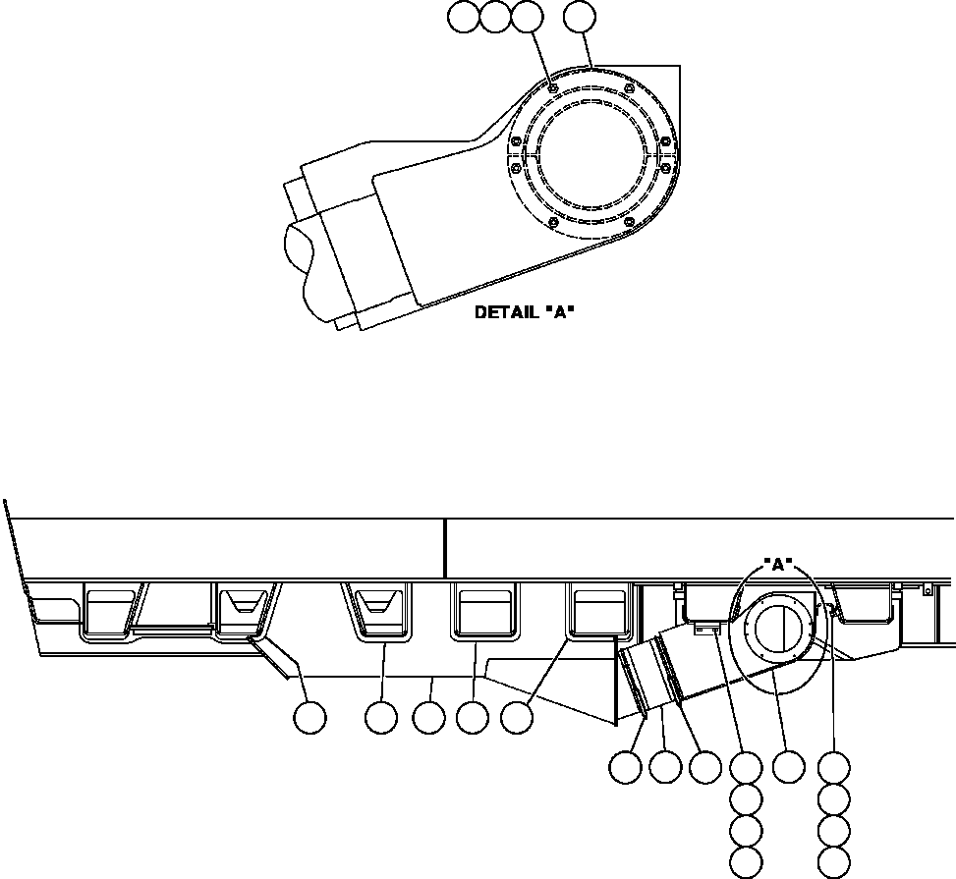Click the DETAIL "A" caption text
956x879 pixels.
coord(524,313)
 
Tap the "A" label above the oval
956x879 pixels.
coord(778,565)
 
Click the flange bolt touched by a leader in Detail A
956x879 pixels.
coord(553,89)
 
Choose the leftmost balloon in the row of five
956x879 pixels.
coord(310,718)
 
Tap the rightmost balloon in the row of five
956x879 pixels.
coord(517,718)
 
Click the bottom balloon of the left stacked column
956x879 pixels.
coord(746,862)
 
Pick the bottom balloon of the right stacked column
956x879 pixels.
coord(834,862)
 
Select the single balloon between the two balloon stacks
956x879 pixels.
coord(788,765)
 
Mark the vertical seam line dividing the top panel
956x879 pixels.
coord(445,548)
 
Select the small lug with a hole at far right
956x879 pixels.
coord(926,589)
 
